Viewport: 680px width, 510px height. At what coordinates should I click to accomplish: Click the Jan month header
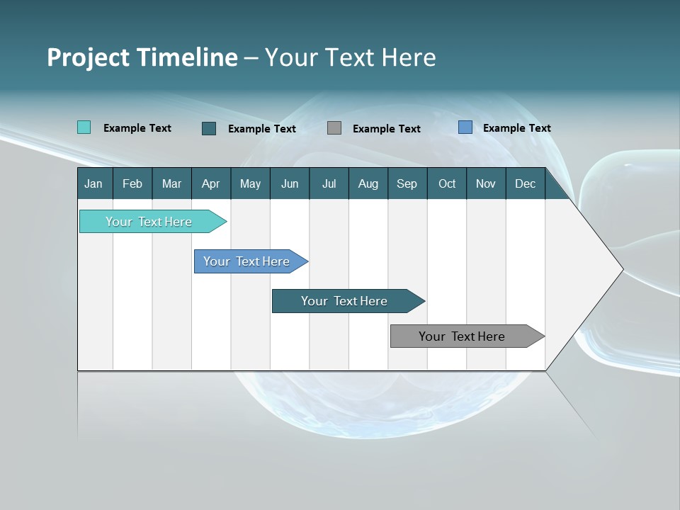93,183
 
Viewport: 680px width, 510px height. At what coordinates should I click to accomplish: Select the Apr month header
210,183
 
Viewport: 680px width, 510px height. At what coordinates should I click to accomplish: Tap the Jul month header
329,183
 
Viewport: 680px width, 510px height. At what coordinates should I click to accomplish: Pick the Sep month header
407,183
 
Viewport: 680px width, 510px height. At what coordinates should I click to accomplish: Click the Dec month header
525,183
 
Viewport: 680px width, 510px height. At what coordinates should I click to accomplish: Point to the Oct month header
447,183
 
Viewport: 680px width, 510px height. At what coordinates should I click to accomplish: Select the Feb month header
132,183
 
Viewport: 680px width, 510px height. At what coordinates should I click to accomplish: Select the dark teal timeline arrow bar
345,301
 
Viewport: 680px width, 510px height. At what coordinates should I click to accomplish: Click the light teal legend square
84,127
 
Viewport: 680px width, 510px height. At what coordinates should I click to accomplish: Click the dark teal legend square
209,128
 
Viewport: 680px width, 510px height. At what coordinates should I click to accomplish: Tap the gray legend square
334,127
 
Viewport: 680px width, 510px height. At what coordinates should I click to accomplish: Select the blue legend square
465,127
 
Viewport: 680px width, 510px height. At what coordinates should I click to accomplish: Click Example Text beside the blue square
516,127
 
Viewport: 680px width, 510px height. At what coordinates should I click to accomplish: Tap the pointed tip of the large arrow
620,269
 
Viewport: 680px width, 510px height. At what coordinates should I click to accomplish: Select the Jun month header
290,183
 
